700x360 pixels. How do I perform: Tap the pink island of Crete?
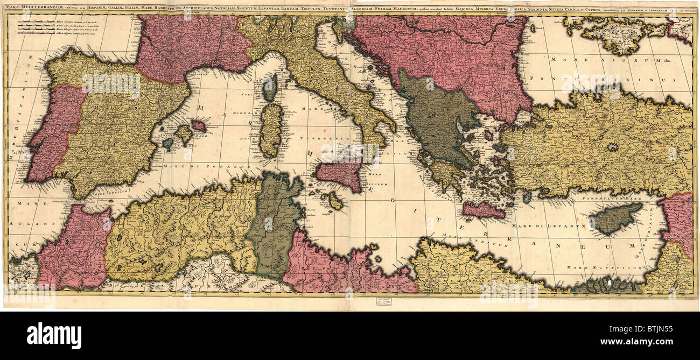(483, 210)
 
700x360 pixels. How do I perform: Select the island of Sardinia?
(271, 131)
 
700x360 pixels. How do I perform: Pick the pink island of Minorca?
(199, 125)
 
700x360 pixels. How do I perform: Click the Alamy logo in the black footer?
(54, 335)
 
